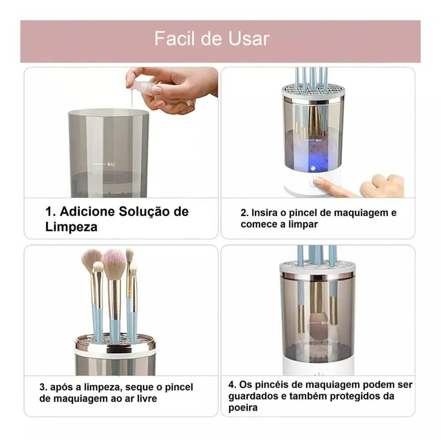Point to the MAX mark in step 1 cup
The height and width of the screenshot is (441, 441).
pyautogui.click(x=111, y=164)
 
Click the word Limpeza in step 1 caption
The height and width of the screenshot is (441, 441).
pyautogui.click(x=71, y=227)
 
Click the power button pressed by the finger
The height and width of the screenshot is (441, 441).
pyautogui.click(x=316, y=181)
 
